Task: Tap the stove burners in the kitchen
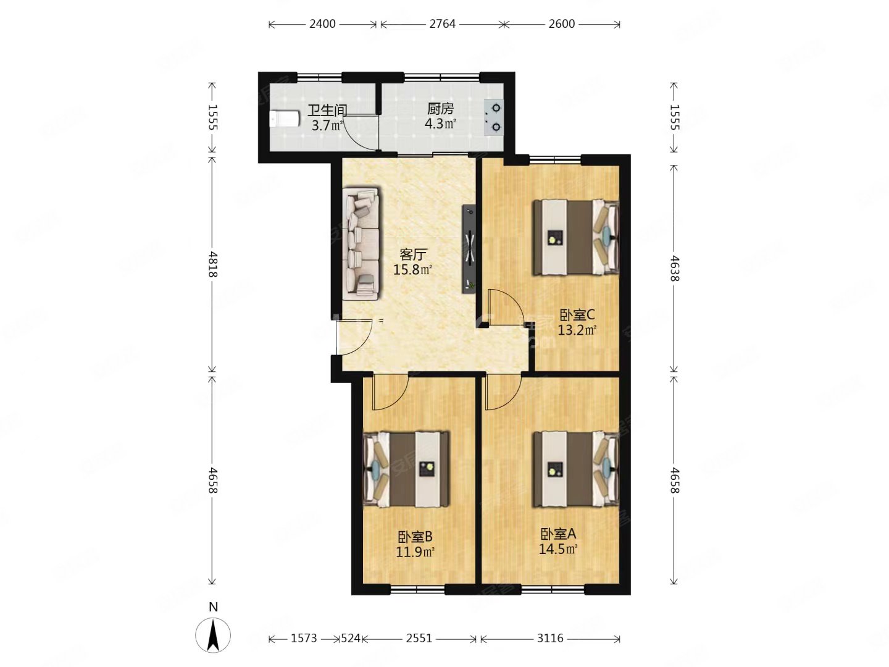pyautogui.click(x=494, y=118)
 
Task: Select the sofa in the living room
pyautogui.click(x=361, y=243)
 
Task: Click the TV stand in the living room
pyautogui.click(x=469, y=249)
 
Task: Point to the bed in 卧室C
pyautogui.click(x=575, y=237)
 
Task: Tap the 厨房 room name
pyautogui.click(x=440, y=109)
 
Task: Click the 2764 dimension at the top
pyautogui.click(x=442, y=24)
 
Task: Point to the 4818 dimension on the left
pyautogui.click(x=213, y=264)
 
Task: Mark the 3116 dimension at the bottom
pyautogui.click(x=550, y=638)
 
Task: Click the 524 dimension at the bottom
pyautogui.click(x=350, y=638)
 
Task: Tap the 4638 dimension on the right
pyautogui.click(x=674, y=267)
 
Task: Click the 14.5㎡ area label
pyautogui.click(x=557, y=550)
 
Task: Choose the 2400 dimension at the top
pyautogui.click(x=322, y=24)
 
